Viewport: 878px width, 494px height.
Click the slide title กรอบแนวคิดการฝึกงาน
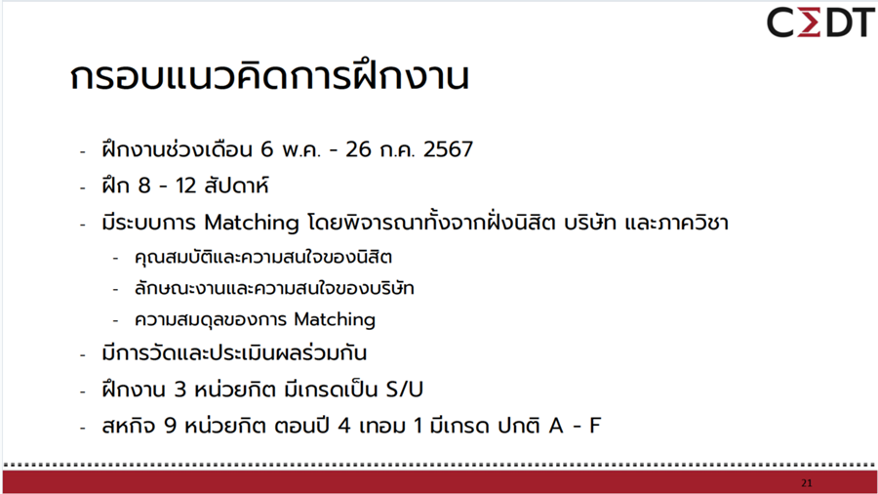tap(269, 77)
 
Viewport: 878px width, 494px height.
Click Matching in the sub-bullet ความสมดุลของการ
tap(335, 319)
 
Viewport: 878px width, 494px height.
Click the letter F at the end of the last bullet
tap(594, 426)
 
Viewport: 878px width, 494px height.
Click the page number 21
tap(806, 483)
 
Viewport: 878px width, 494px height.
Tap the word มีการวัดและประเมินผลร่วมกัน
tap(233, 353)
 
